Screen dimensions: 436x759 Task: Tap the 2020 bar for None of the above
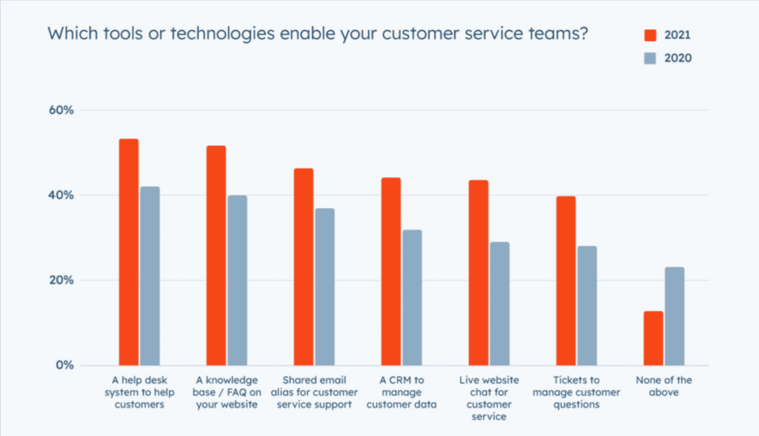click(674, 316)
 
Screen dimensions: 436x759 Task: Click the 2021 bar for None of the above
click(653, 338)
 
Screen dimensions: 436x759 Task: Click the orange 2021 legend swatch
click(651, 35)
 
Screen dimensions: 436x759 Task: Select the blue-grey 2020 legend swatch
click(651, 57)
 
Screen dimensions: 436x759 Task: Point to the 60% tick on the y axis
click(61, 110)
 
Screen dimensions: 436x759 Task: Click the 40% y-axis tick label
click(61, 195)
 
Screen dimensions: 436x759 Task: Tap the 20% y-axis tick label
click(61, 280)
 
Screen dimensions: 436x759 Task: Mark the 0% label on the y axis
click(64, 366)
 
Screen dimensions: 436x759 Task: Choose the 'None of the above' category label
click(664, 386)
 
